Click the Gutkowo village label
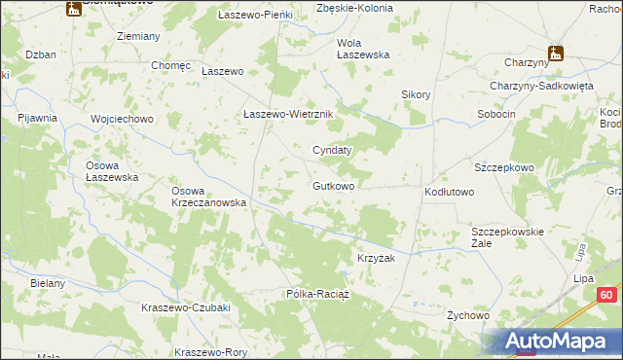click(x=333, y=185)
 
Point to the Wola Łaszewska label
click(x=363, y=49)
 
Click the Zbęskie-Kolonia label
click(x=355, y=8)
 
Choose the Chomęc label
click(x=169, y=65)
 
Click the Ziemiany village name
click(x=138, y=36)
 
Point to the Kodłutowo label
click(x=449, y=193)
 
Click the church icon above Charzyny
click(x=556, y=53)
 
